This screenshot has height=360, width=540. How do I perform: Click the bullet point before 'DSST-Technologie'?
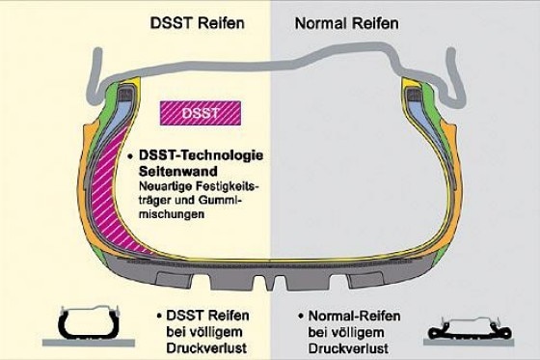[128, 153]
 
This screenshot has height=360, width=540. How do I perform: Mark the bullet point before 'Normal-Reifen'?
[303, 315]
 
